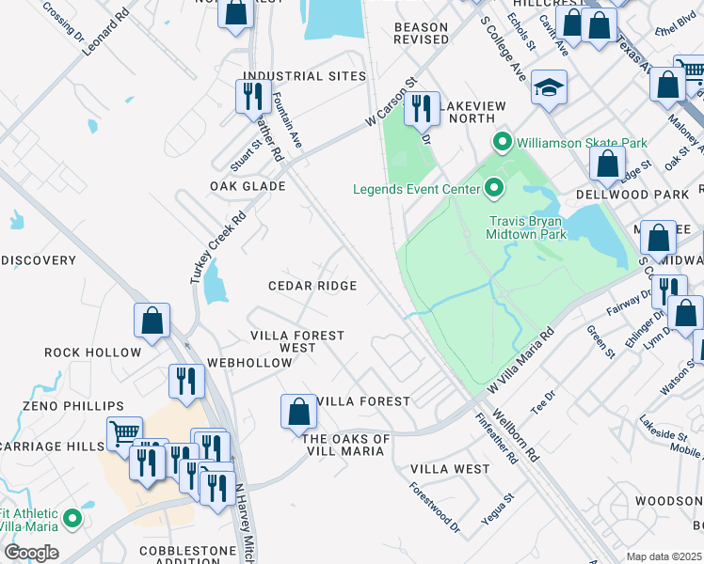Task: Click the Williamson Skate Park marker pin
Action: coord(502,143)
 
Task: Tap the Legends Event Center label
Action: coord(417,189)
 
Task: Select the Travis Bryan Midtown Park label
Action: coord(527,227)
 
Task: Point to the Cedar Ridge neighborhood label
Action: coord(312,286)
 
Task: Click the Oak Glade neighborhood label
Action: coord(248,186)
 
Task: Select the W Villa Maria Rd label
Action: coord(520,361)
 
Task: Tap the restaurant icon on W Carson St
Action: coord(422,109)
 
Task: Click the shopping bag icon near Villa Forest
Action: coord(298,412)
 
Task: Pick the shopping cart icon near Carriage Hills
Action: coord(123,433)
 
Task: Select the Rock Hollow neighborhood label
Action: coord(92,352)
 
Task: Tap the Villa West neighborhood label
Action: coord(450,468)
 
